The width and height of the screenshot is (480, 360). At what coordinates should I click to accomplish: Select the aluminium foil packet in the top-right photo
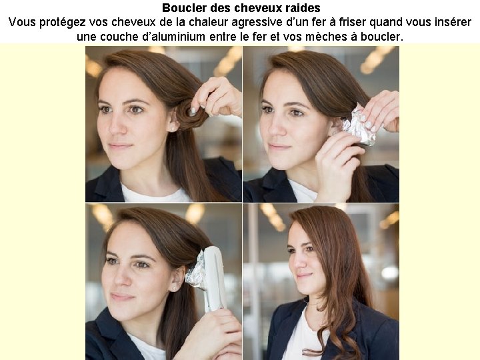(x=359, y=125)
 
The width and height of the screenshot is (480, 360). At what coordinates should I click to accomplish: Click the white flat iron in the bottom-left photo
(x=215, y=279)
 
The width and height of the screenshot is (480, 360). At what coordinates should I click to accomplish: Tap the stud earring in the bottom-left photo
(x=175, y=289)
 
